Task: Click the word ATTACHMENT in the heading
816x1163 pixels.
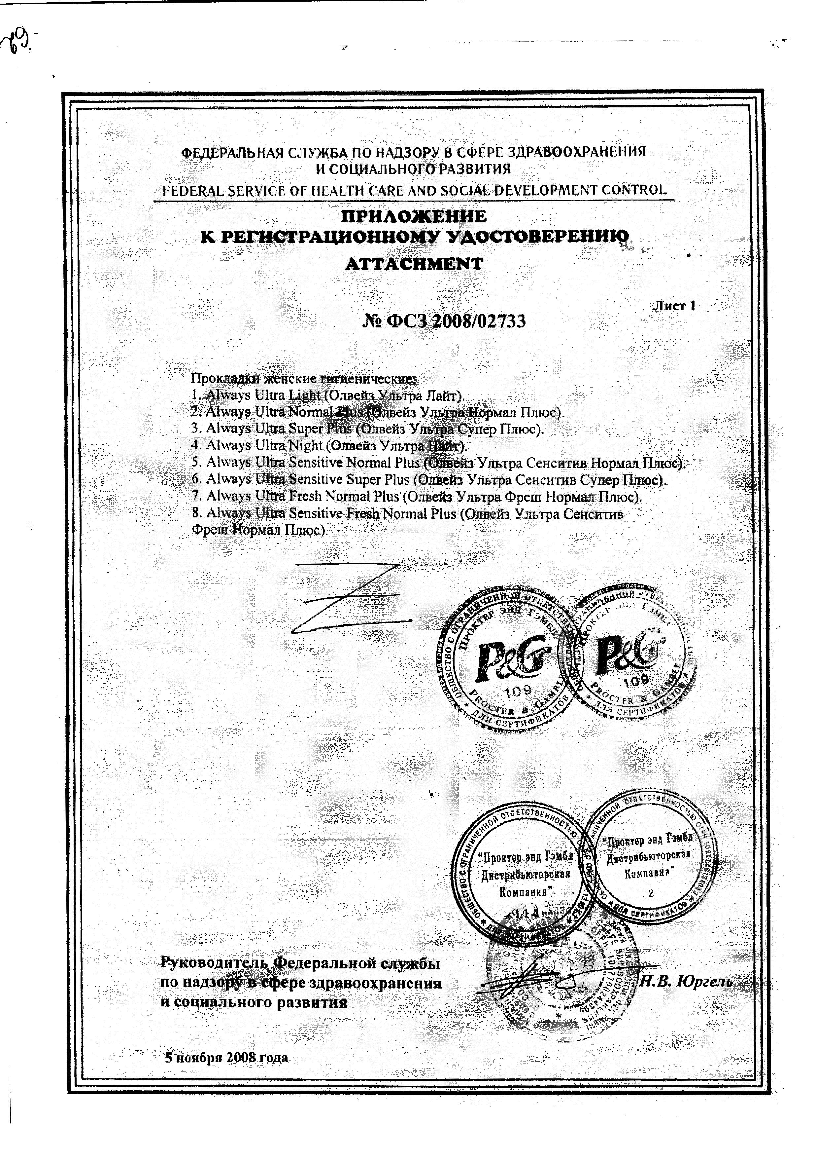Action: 414,264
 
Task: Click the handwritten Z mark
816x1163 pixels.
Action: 349,598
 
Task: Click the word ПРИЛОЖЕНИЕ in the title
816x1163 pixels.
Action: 414,217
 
